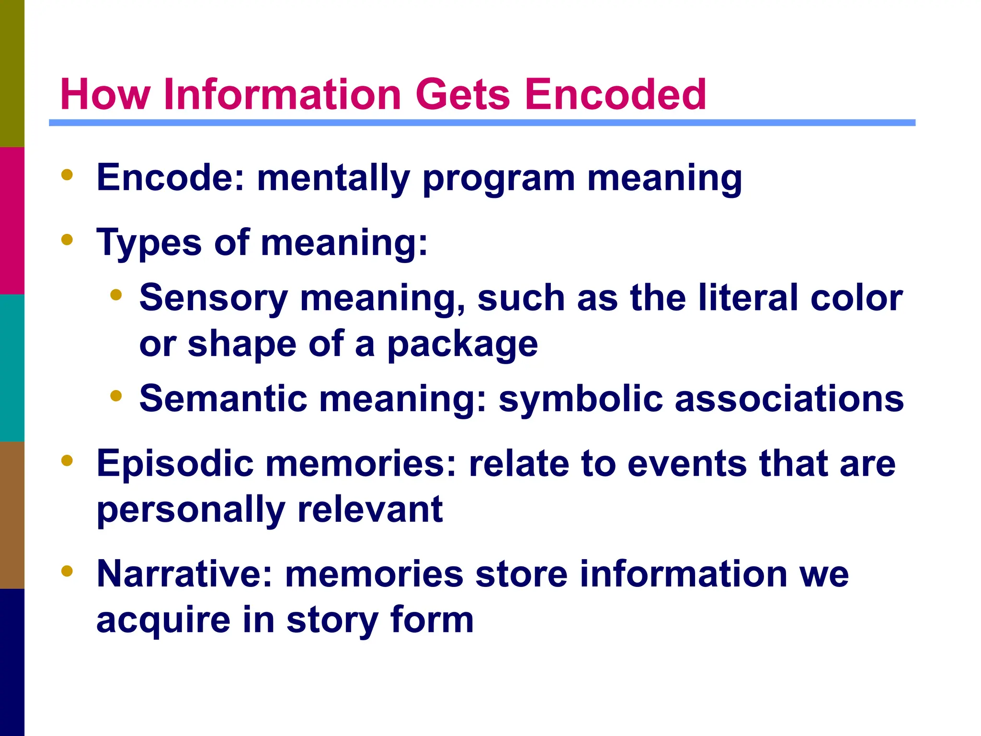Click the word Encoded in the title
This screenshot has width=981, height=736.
(x=615, y=94)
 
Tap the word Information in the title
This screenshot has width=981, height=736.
(x=282, y=94)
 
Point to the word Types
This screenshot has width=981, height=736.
(x=149, y=243)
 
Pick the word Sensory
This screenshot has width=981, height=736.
(x=214, y=299)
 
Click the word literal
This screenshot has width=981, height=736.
(x=748, y=298)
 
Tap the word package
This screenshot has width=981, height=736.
(x=463, y=345)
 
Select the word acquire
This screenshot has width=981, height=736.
(x=163, y=621)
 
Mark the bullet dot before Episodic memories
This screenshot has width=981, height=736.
(x=67, y=460)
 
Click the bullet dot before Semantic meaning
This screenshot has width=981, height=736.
(x=116, y=396)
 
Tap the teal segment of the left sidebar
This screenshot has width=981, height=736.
(x=12, y=368)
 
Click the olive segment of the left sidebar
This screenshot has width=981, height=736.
(x=12, y=73)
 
